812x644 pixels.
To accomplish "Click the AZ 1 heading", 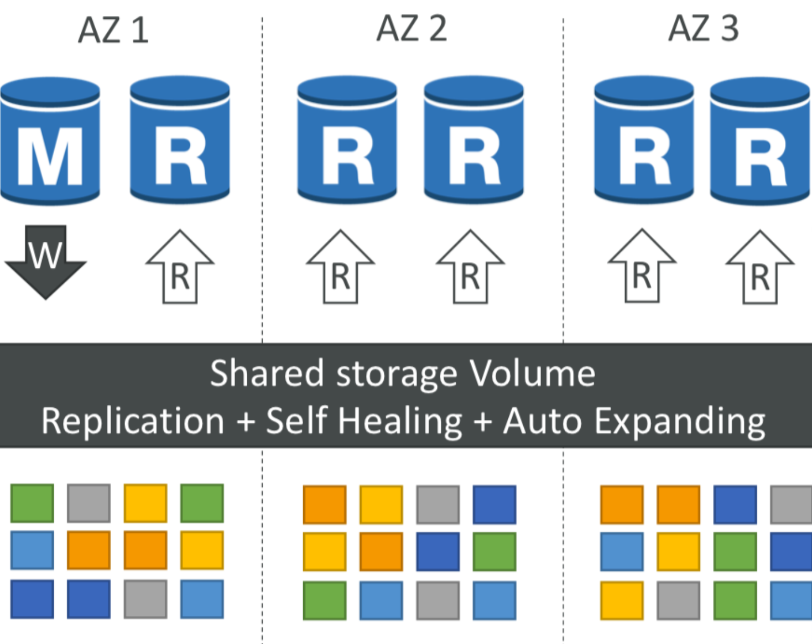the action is click(113, 30).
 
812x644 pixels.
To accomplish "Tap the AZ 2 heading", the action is click(411, 28).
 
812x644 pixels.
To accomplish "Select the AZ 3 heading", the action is click(703, 28).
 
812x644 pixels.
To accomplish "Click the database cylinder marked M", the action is click(50, 141).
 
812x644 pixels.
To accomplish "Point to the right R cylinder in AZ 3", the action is click(759, 141).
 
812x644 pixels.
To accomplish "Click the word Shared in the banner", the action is click(267, 373).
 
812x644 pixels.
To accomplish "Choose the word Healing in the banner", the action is click(400, 422).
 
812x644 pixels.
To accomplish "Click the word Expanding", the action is click(680, 422).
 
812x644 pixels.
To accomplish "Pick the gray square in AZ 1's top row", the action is click(89, 503).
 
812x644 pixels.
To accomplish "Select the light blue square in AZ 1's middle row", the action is click(32, 550).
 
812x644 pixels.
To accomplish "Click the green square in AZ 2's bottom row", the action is click(325, 600).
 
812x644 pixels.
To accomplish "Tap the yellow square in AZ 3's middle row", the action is click(678, 552).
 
